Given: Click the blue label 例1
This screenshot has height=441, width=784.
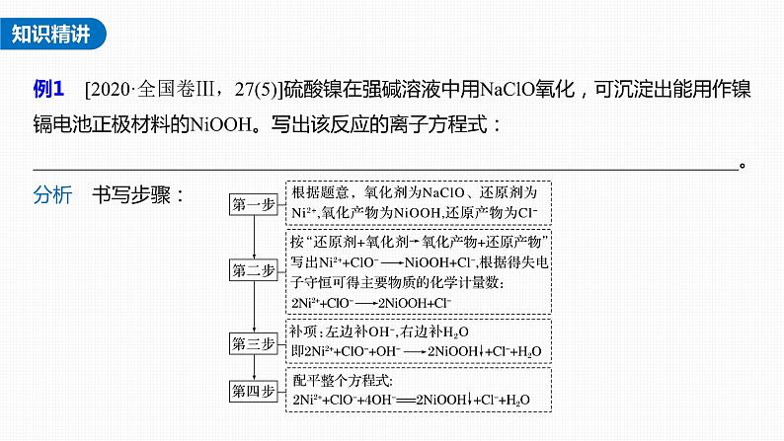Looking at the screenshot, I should point(48,91).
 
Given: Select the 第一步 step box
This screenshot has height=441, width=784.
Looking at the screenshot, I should point(255,204).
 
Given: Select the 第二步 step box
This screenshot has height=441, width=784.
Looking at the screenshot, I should point(255,269).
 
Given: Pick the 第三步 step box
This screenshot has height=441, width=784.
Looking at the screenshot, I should point(255,344).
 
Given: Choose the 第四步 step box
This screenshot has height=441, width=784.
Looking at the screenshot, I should point(255,391).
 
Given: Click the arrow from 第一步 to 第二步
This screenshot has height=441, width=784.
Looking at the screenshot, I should point(255,237).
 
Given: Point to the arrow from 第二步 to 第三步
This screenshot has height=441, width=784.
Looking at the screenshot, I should point(255,307).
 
